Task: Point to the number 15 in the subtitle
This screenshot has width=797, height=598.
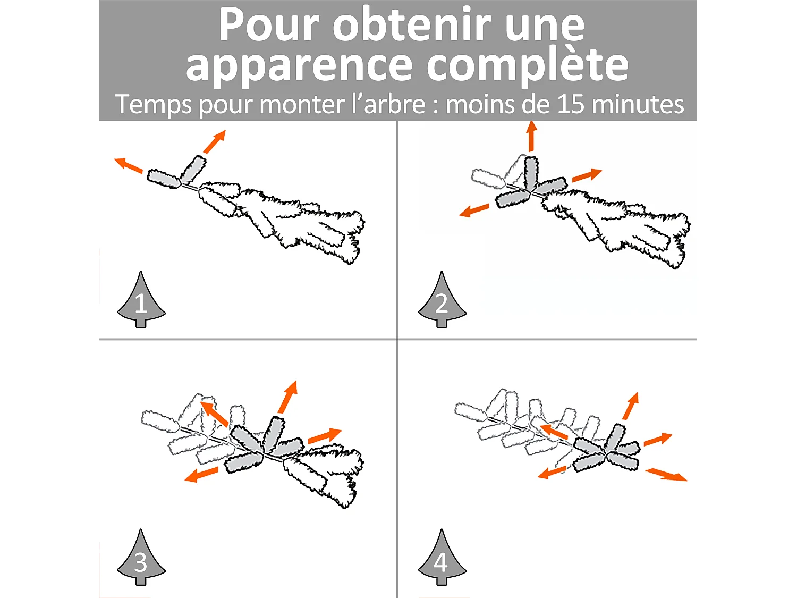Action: pyautogui.click(x=571, y=104)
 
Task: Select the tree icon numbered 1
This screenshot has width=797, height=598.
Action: pyautogui.click(x=141, y=299)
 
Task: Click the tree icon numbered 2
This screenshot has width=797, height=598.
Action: pyautogui.click(x=442, y=299)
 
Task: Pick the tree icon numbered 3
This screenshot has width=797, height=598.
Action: pyautogui.click(x=141, y=557)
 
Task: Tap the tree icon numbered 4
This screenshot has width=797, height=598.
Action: pyautogui.click(x=442, y=557)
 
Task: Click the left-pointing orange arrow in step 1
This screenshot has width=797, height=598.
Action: pyautogui.click(x=128, y=165)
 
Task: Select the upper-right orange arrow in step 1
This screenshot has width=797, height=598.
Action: pyautogui.click(x=215, y=141)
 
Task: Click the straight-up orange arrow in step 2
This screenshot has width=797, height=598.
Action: pyautogui.click(x=531, y=136)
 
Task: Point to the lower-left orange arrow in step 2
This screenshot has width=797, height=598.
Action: pyautogui.click(x=474, y=210)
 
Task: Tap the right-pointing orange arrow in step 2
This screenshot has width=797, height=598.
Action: pyautogui.click(x=587, y=175)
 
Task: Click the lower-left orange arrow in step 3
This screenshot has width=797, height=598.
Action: pyautogui.click(x=201, y=475)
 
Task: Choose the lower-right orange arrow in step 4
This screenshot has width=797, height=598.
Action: pyautogui.click(x=666, y=475)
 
